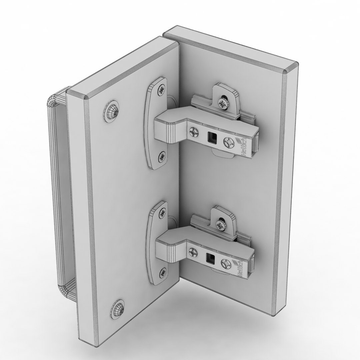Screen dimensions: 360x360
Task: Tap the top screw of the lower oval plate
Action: coord(162,212)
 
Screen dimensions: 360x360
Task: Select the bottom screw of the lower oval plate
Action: coord(162,273)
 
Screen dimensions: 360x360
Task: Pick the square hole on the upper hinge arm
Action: coord(211,137)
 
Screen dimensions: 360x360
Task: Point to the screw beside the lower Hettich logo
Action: coord(227,263)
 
